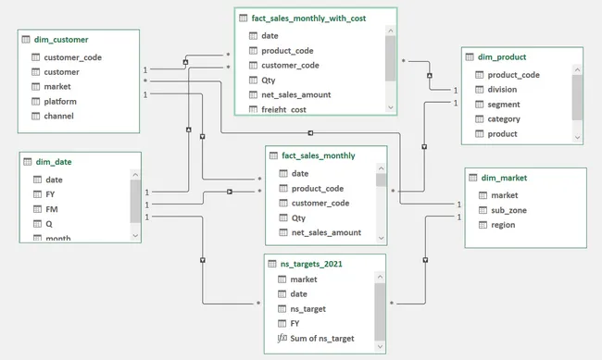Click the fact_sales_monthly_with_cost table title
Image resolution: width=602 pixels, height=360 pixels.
tap(314, 19)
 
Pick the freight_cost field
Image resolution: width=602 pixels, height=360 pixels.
tap(284, 109)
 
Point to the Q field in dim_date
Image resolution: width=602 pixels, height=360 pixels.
tap(49, 224)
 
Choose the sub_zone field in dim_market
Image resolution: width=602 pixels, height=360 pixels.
tap(499, 210)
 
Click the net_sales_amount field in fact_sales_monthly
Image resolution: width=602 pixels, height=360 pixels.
tap(326, 232)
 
